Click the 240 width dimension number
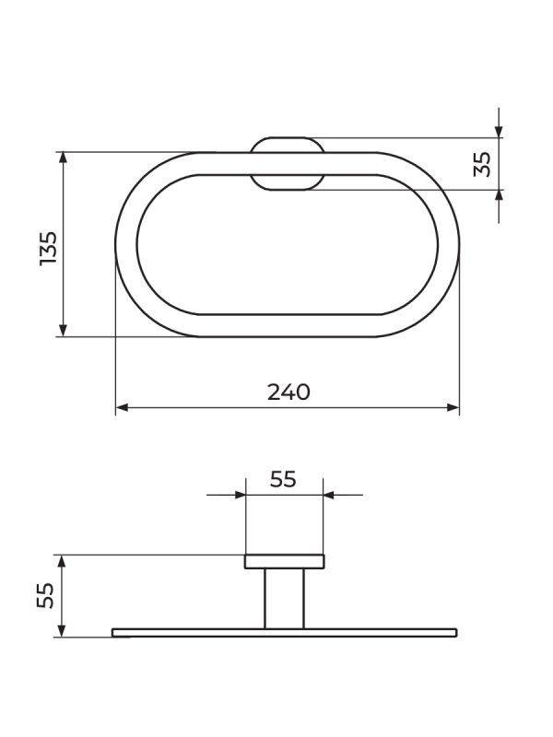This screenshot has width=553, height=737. (x=288, y=392)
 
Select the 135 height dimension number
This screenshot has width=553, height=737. (x=49, y=249)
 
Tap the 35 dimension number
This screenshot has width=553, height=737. (x=482, y=164)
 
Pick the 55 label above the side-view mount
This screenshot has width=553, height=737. (x=283, y=479)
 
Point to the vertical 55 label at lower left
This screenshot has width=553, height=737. (x=45, y=595)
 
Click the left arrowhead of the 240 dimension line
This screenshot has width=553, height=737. (x=122, y=407)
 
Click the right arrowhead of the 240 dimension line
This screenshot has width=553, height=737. (x=453, y=407)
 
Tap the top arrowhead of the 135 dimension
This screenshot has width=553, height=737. (x=64, y=158)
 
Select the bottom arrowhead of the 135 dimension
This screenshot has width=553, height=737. (x=64, y=331)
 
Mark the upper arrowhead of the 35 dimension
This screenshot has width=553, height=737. (x=499, y=132)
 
